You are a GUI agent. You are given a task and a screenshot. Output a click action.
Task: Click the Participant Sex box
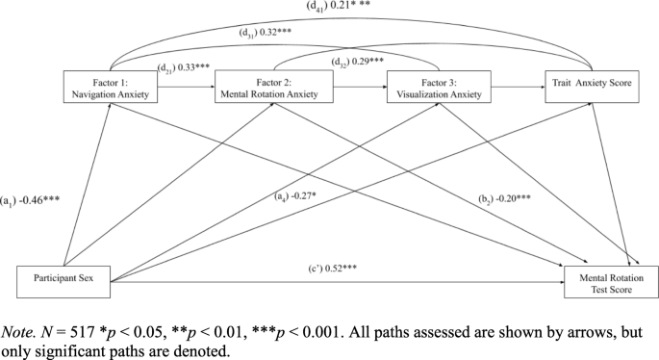63,281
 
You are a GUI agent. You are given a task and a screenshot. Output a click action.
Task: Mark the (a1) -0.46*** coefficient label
35,200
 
